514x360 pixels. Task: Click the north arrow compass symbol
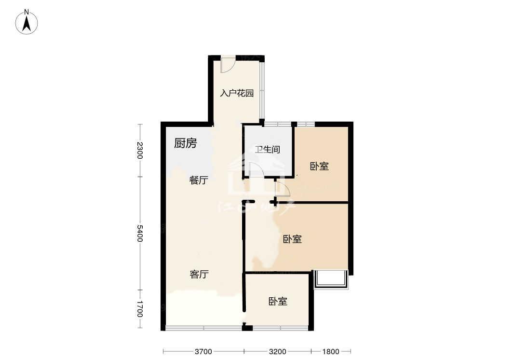point(27,22)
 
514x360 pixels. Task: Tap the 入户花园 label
point(237,93)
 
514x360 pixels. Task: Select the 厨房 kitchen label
point(185,143)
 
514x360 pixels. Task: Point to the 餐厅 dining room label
point(198,180)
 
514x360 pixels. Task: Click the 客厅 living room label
point(199,274)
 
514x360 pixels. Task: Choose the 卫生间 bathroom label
point(268,149)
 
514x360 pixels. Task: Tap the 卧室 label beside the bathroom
point(319,166)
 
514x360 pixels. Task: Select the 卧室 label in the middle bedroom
point(292,239)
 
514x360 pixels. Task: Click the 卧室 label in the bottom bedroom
point(278,301)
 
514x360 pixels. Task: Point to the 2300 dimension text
point(140,150)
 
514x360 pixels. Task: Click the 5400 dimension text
point(140,233)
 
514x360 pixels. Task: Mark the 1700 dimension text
point(140,309)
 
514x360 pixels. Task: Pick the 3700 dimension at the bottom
point(203,351)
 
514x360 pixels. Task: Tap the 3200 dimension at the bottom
point(277,351)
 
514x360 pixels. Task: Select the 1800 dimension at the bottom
point(330,351)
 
